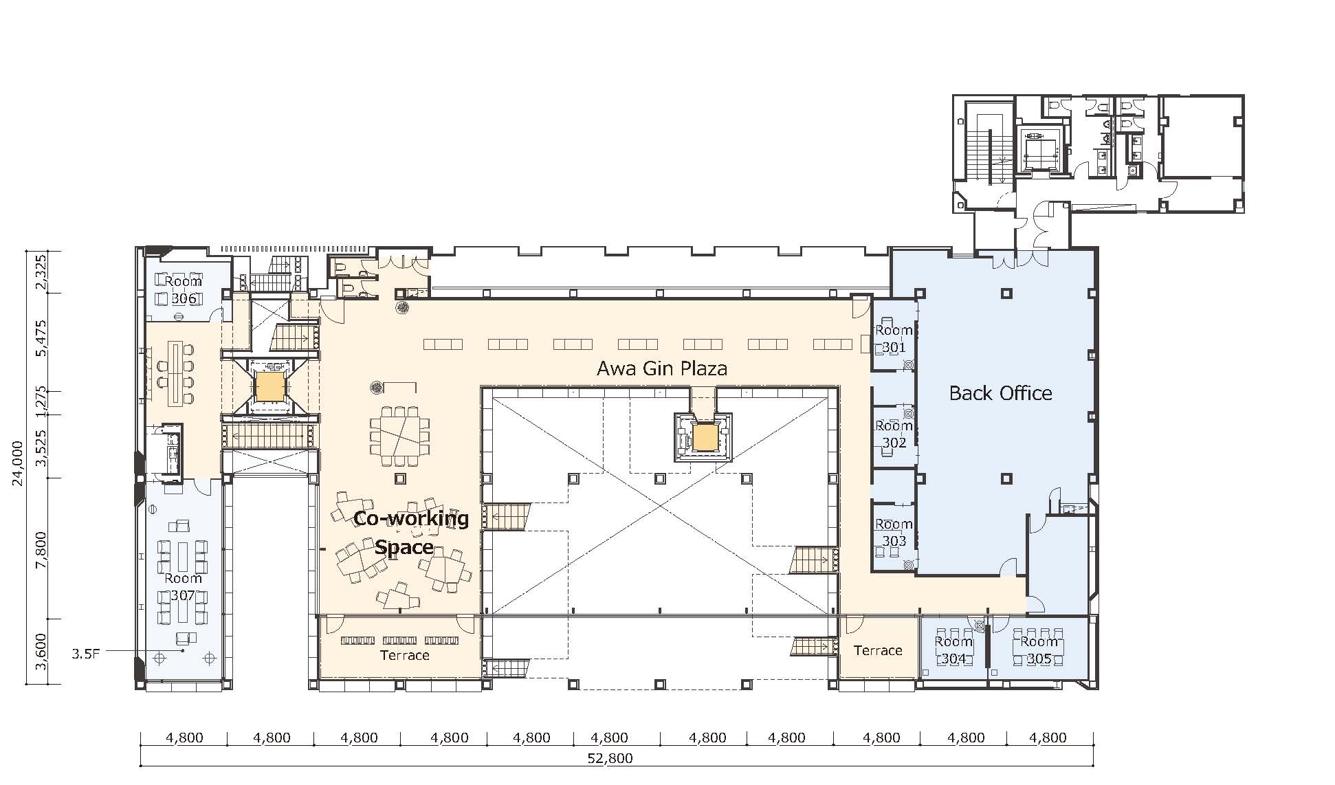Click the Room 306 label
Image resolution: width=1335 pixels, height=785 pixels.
tap(184, 290)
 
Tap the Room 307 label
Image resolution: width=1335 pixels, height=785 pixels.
tap(183, 587)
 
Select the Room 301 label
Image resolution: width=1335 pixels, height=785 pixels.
tap(894, 339)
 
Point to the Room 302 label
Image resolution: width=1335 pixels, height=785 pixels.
tap(894, 434)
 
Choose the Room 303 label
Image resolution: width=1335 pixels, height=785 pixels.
tap(894, 533)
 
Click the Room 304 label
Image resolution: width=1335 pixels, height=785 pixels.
tap(953, 650)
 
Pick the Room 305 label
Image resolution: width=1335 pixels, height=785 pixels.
tap(1039, 650)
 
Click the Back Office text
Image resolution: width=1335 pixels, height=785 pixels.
tap(1000, 393)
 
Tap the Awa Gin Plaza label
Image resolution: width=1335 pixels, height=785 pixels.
tap(662, 369)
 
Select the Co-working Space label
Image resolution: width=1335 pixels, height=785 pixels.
tap(410, 533)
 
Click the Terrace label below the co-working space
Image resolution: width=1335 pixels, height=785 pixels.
tap(404, 656)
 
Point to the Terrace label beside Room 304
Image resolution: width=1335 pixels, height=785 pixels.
tap(878, 650)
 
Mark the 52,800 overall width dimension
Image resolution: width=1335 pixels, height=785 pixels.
tap(610, 759)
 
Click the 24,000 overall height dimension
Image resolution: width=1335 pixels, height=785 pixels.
tap(18, 463)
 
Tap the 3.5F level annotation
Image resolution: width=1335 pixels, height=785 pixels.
tap(86, 654)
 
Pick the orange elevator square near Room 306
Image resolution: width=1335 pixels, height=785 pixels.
tap(269, 386)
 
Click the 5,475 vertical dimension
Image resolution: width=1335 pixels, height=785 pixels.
tap(41, 338)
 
